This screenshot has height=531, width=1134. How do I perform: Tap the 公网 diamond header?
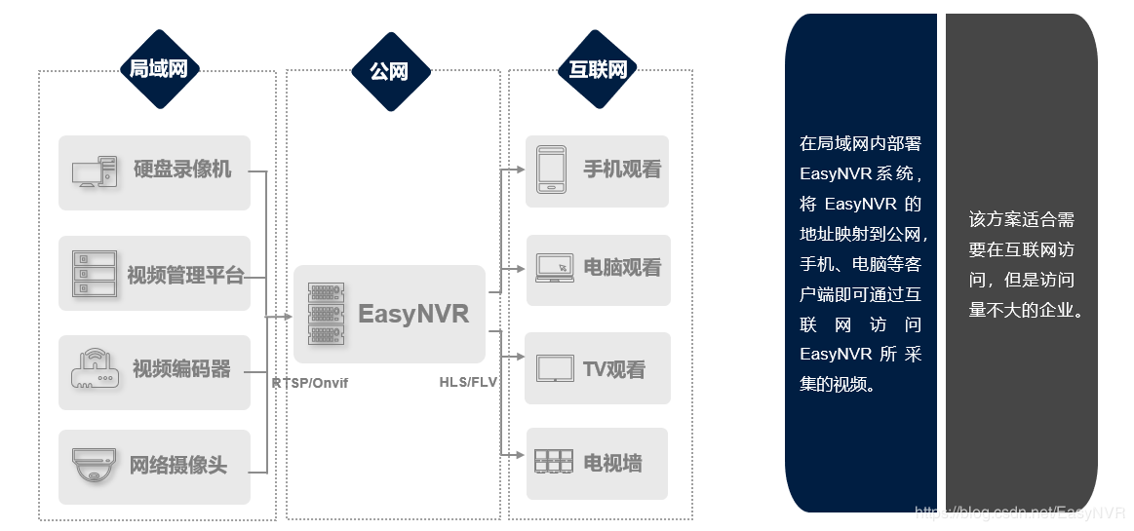pos(389,71)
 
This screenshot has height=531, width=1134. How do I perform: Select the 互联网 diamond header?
pos(598,70)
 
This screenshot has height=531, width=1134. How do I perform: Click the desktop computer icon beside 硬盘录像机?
pos(95,172)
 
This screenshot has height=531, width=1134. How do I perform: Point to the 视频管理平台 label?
pos(185,275)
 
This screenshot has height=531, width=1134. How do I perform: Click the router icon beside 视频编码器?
pos(95,370)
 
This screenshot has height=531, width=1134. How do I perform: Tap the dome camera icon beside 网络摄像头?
pos(95,465)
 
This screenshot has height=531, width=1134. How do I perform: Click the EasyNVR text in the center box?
pos(413,314)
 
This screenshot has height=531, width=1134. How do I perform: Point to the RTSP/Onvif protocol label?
pos(309,384)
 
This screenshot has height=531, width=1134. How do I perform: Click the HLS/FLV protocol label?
pos(468,382)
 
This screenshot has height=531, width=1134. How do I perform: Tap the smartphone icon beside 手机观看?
pos(552,169)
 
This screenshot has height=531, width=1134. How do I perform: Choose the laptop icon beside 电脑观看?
pos(554,268)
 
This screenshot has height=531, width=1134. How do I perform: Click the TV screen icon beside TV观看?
pos(555,368)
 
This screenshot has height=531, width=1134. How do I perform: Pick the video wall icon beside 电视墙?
pos(554,462)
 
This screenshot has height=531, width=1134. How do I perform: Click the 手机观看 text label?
pos(622,170)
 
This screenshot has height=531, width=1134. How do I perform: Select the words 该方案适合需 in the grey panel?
pos(1021,220)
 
